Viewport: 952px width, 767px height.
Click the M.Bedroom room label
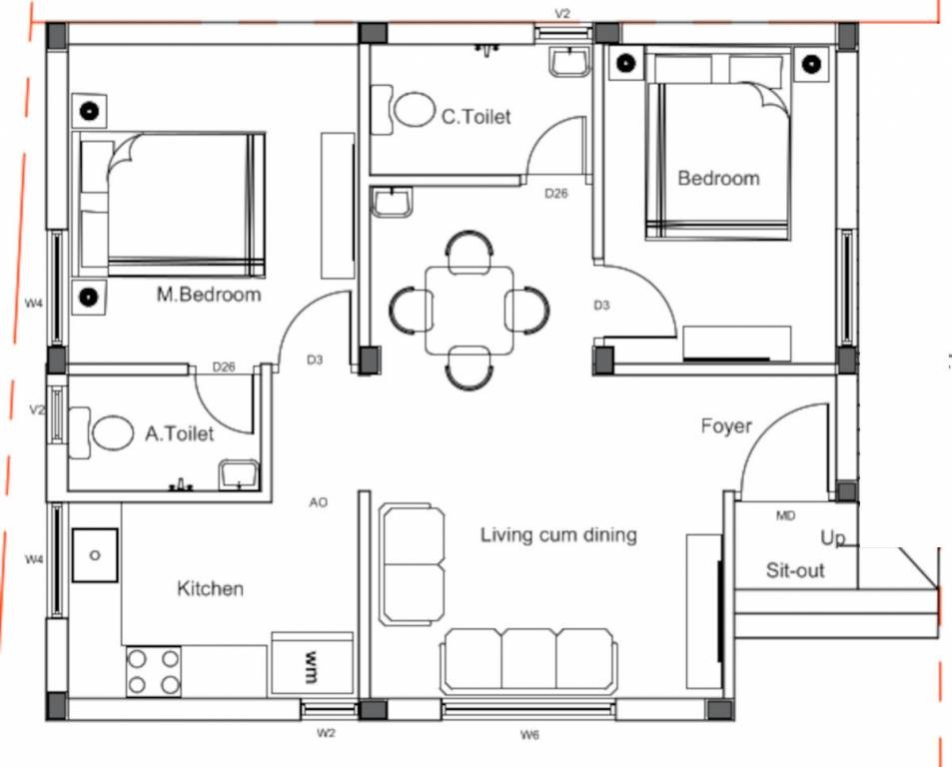[209, 295]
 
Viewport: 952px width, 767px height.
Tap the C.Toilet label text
[476, 117]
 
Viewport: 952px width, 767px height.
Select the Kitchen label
[210, 588]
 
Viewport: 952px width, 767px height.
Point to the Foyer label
[726, 426]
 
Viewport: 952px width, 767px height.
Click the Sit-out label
[795, 570]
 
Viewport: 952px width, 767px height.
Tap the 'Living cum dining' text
[558, 534]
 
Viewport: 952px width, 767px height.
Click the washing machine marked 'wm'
[312, 662]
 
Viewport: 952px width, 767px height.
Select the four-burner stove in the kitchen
[154, 671]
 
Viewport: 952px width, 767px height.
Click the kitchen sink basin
[95, 555]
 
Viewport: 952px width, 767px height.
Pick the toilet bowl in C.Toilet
[415, 109]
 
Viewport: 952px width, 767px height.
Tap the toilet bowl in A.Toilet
[113, 433]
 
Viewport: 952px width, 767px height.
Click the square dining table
[470, 310]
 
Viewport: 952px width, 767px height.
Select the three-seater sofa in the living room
[528, 661]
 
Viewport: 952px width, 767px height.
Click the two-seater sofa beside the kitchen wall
[413, 563]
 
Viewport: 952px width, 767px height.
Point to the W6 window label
[529, 735]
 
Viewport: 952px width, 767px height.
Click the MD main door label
[785, 515]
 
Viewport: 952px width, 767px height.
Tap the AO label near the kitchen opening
[318, 502]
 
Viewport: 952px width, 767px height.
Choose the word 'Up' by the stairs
[832, 538]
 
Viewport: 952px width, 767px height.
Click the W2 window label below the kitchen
[326, 733]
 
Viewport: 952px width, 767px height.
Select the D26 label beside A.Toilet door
[224, 368]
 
